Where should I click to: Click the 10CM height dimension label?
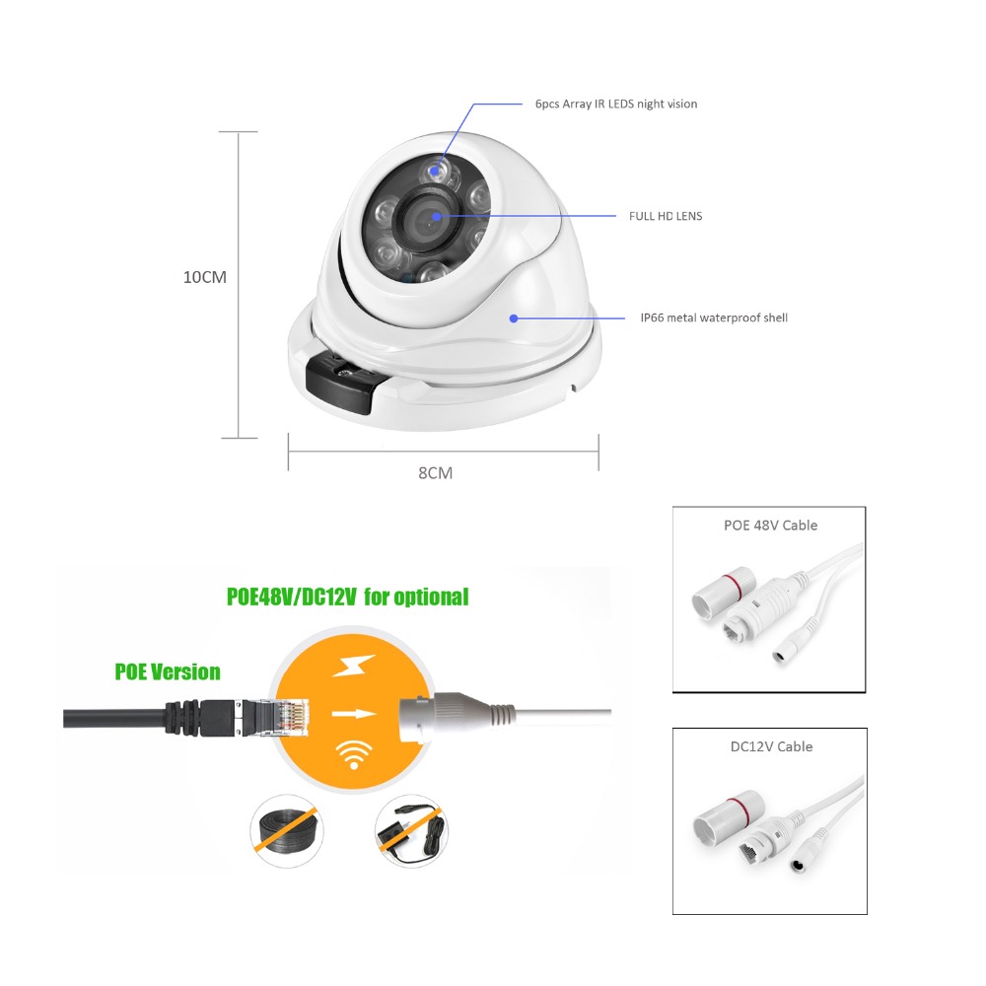click(204, 277)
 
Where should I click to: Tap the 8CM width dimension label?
click(435, 473)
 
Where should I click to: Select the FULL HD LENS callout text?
click(666, 216)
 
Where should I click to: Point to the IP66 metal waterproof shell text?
click(714, 318)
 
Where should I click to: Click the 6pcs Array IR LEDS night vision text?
click(616, 105)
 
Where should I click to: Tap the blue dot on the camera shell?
click(514, 318)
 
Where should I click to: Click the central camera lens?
click(426, 217)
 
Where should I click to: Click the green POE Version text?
click(168, 672)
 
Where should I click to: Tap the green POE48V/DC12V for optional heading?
click(348, 597)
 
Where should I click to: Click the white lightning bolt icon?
click(354, 666)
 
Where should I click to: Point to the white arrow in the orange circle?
click(353, 714)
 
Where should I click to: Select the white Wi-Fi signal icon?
click(354, 754)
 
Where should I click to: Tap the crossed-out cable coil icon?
click(287, 830)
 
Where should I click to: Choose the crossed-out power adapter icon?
click(411, 830)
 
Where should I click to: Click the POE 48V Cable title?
click(770, 526)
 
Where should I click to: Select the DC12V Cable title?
click(772, 747)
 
